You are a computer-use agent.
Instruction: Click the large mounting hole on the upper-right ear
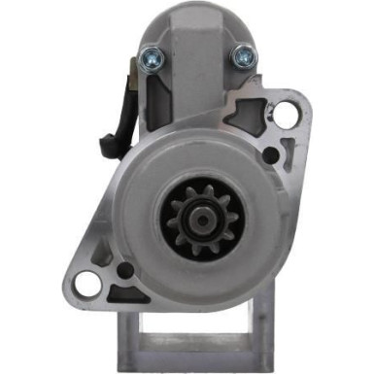[x=284, y=115]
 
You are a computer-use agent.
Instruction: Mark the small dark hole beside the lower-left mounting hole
[x=123, y=271]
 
